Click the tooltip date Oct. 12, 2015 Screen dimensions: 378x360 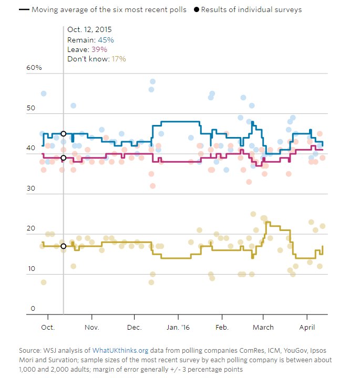[x=89, y=30]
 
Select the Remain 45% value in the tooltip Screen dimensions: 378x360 [x=104, y=40]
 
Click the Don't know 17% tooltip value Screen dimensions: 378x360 [x=118, y=59]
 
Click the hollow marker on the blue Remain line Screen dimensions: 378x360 [x=64, y=134]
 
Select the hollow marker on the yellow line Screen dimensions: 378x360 [x=64, y=246]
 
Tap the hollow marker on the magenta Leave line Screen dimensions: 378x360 [x=64, y=157]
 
